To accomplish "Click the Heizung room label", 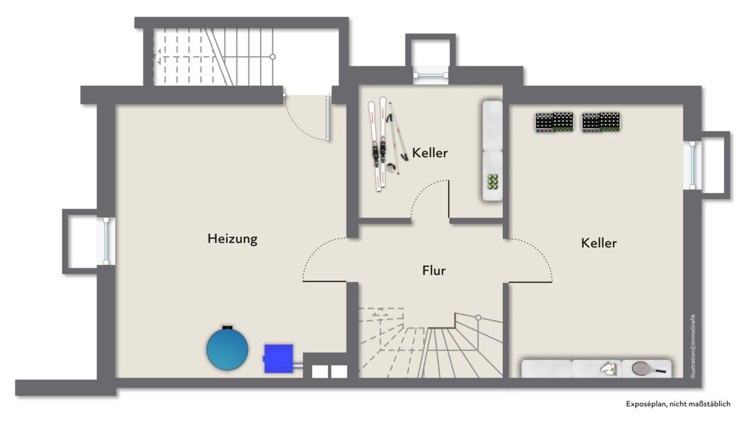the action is point(232,239).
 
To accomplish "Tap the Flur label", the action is point(434,270).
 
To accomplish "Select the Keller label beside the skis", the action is point(430,153).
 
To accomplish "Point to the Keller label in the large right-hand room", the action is point(598,243).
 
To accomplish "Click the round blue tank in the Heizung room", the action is point(227,348).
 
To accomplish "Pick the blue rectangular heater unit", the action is point(279,359).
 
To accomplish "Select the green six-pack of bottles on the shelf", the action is point(492,181).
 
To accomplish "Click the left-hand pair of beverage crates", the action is point(554,122).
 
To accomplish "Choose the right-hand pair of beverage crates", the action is point(601,122).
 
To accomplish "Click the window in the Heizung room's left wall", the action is point(106,241).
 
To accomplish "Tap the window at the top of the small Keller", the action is point(431,75).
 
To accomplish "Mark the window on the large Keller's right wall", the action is point(692,165).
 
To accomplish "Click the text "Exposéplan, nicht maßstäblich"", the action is point(678,404).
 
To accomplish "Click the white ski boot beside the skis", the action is point(392,167).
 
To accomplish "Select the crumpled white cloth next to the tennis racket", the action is point(608,368).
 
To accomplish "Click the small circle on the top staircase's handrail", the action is point(273,57).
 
